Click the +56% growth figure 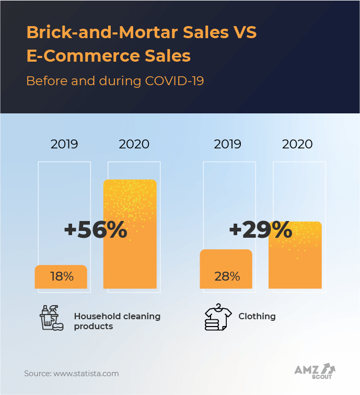coord(96,230)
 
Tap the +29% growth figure coord(260,229)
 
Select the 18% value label coord(62,276)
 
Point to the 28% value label coord(227,276)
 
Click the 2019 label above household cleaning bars coord(64,144)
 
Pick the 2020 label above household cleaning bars coord(134,144)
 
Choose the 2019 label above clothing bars coord(228,144)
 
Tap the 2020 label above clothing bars coord(297,144)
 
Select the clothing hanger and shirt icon coord(217,318)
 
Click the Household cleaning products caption coord(117,321)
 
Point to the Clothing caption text coord(257,316)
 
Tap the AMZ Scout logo coord(315,371)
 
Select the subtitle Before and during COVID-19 coord(114,81)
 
